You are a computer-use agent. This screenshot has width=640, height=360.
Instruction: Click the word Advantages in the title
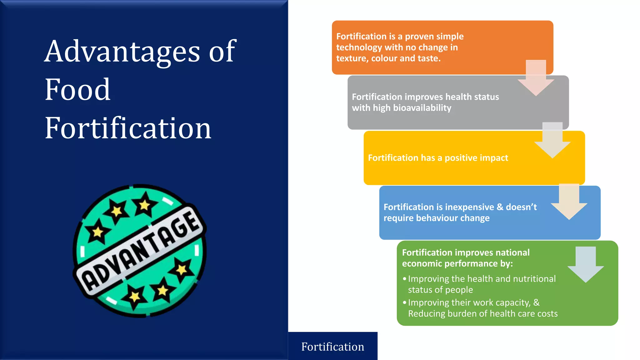[122, 52]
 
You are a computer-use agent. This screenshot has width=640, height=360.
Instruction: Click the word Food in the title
[77, 90]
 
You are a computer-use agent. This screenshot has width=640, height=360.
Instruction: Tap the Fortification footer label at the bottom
[332, 347]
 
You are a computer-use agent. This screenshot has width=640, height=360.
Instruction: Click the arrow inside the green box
[585, 264]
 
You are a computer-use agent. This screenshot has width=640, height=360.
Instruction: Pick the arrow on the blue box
[569, 202]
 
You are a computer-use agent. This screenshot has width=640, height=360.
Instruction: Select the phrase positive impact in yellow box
[476, 158]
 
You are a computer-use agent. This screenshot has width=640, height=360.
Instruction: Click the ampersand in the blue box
[500, 207]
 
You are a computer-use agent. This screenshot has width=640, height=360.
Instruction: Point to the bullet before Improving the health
[405, 279]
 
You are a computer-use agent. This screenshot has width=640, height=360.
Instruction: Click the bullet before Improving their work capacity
[405, 302]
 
